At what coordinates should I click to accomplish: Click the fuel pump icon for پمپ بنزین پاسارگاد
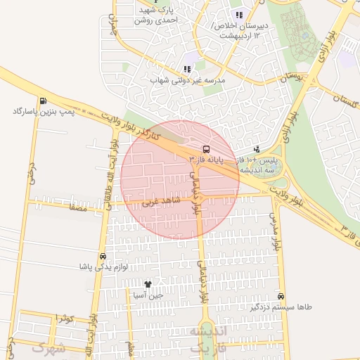click(44, 100)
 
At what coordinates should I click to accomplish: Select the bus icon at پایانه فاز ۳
click(206, 149)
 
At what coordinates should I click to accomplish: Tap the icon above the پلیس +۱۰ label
click(257, 148)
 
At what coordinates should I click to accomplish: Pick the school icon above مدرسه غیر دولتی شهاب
click(187, 69)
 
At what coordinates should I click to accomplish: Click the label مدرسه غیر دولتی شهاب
click(187, 80)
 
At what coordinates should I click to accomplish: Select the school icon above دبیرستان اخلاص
click(239, 15)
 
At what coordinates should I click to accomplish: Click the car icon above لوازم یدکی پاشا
click(104, 257)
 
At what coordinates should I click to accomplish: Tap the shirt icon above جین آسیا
click(148, 284)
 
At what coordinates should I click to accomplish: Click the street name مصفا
click(77, 208)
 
